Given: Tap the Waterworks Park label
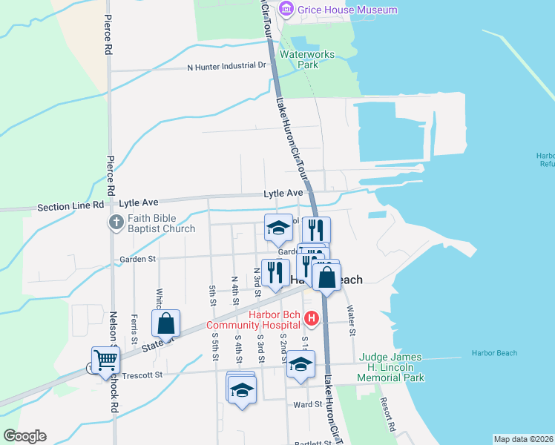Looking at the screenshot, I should click(307, 59).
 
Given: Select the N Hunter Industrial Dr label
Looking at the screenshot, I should click(226, 66).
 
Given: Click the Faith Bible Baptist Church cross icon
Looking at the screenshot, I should click(116, 222).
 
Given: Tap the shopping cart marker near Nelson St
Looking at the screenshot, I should click(105, 360).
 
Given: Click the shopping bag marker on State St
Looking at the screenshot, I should click(165, 323).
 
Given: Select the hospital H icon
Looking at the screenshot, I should click(312, 320).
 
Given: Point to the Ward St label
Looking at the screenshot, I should click(307, 404).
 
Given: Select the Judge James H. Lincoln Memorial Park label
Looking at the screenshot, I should click(392, 367).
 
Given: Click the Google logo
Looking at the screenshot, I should click(24, 436).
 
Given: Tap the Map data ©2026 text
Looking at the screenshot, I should click(523, 439).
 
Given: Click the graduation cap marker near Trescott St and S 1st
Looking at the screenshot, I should click(301, 364).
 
